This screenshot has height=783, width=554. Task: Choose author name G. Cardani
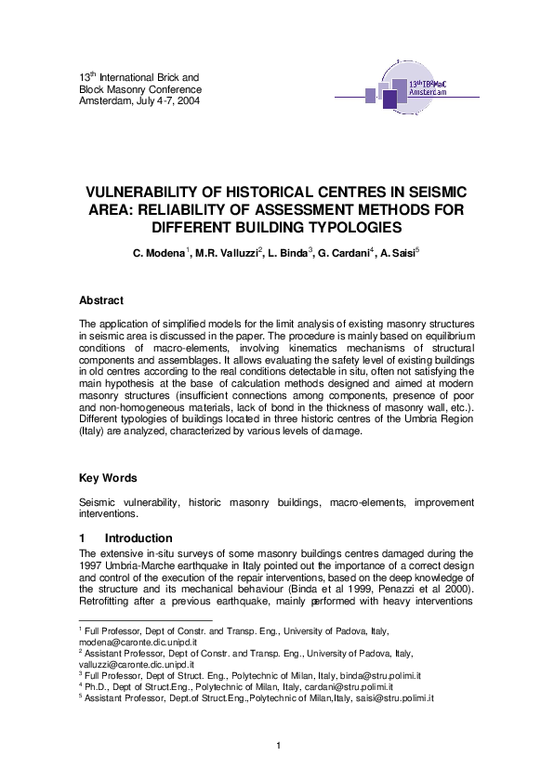pos(343,252)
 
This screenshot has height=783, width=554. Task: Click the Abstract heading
pos(101,300)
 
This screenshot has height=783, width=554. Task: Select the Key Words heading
pos(108,478)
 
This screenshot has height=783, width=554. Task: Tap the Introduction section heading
pos(138,537)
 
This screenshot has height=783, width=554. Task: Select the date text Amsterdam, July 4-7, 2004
pos(138,100)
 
